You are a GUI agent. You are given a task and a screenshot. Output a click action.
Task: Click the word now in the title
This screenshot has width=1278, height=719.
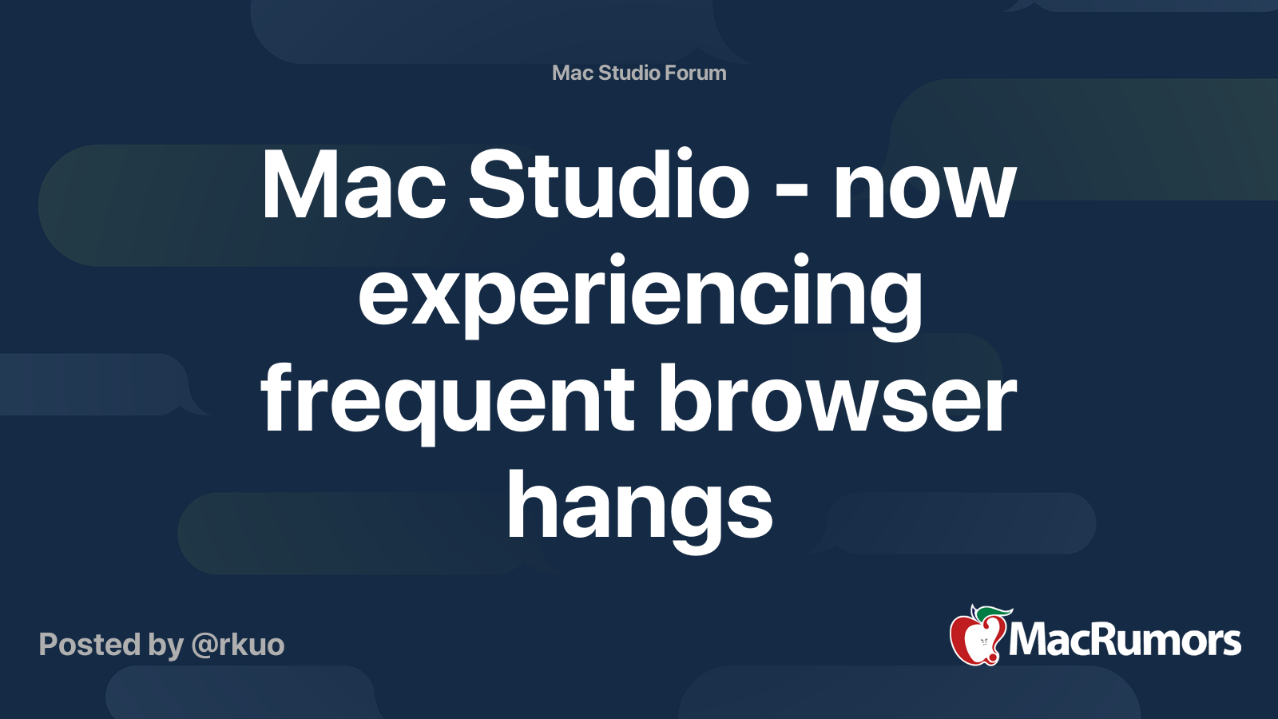(924, 192)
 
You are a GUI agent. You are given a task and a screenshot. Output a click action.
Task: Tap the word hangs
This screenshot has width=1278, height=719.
(639, 507)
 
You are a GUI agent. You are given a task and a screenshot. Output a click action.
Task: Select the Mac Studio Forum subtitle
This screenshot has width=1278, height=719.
(639, 73)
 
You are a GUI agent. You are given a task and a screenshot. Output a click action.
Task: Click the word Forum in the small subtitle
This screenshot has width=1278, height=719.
(695, 73)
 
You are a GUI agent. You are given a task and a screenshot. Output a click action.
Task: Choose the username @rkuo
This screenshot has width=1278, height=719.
(237, 645)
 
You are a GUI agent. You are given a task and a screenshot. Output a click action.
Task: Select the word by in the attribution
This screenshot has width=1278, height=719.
(165, 646)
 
